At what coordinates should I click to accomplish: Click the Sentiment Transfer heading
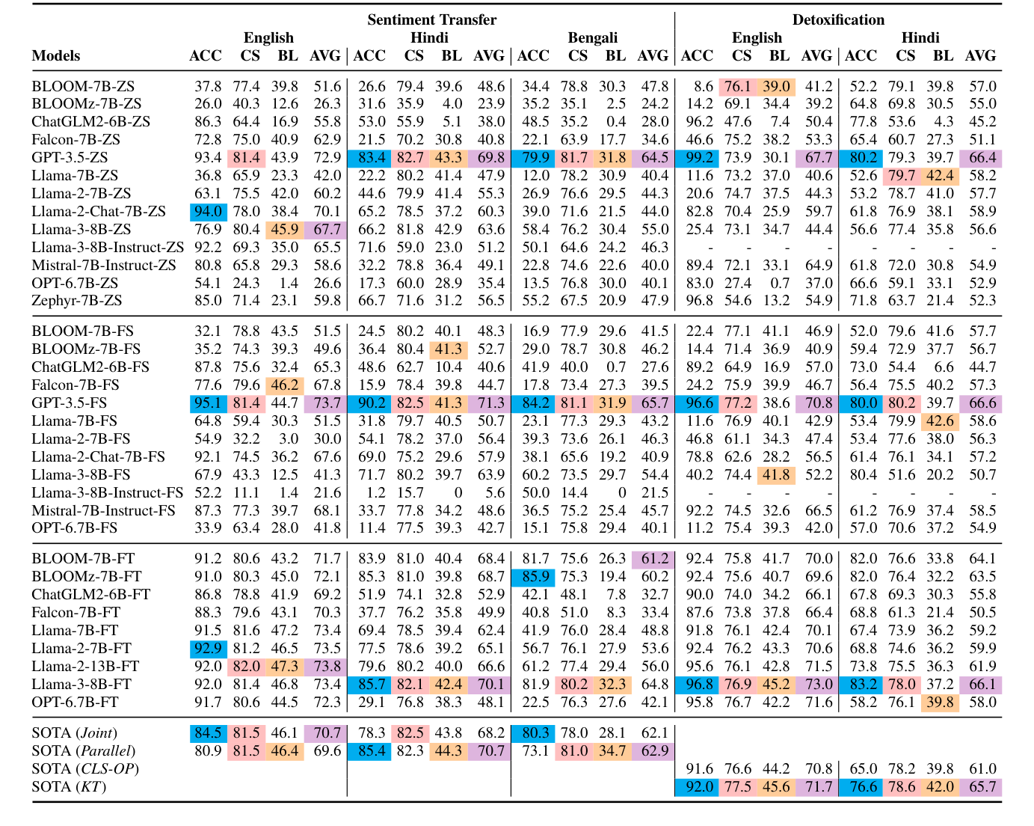click(x=431, y=19)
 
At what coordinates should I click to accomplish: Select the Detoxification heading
click(x=838, y=19)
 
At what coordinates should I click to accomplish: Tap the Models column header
click(x=56, y=56)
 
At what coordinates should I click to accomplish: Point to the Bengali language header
click(x=592, y=37)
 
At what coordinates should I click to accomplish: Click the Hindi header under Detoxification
click(x=920, y=37)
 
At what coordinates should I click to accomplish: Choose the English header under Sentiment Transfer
click(x=268, y=37)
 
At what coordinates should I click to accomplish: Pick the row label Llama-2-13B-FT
click(x=85, y=666)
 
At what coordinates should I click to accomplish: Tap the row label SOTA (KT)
click(x=69, y=787)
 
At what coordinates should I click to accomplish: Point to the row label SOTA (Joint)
click(x=74, y=733)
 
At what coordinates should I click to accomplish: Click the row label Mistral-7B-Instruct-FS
click(x=103, y=510)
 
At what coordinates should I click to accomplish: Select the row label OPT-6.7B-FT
click(x=76, y=702)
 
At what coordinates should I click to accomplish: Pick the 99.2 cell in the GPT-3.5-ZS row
click(x=697, y=157)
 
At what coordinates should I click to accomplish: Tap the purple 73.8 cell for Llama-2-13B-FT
click(x=325, y=666)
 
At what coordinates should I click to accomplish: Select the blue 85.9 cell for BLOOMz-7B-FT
click(x=533, y=576)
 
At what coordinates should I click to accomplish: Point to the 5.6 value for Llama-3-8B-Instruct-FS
click(x=495, y=492)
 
